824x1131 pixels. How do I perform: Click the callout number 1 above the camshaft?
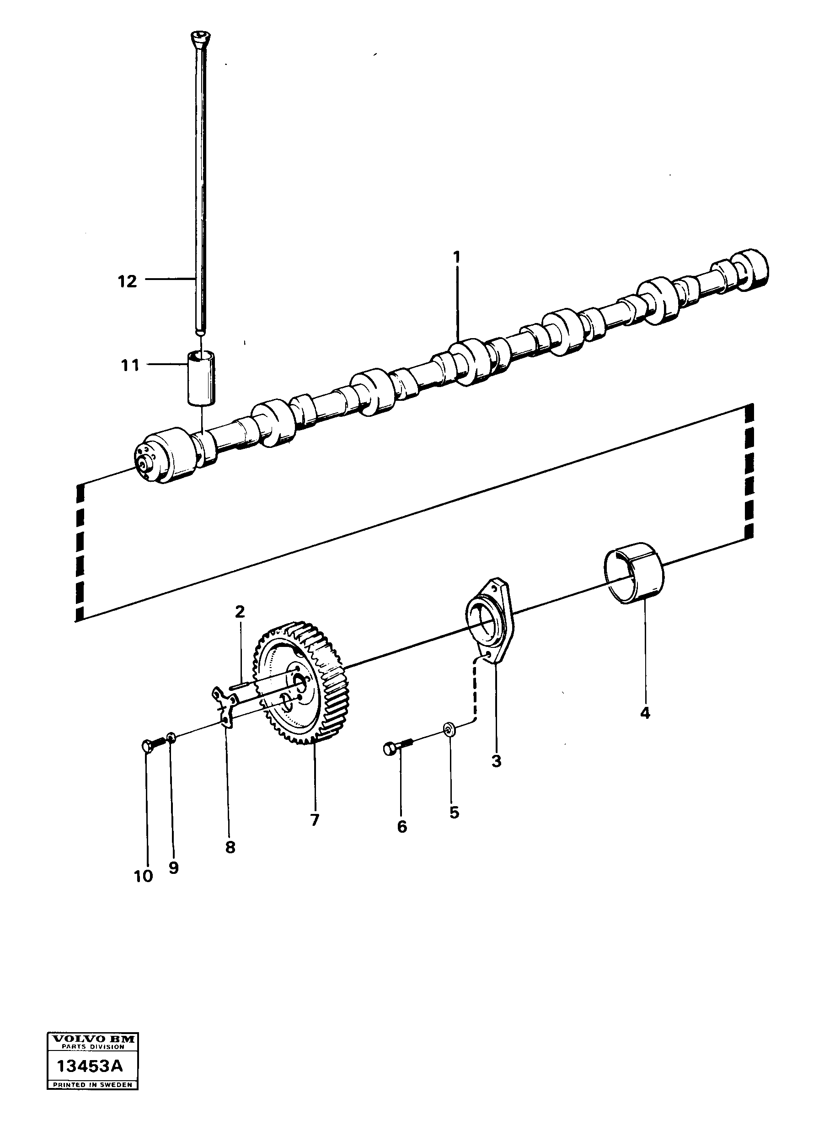[x=456, y=258]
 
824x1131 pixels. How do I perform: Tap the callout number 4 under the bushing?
[x=645, y=714]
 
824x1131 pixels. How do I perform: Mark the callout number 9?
[x=173, y=868]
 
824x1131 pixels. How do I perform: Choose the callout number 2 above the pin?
[x=240, y=612]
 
